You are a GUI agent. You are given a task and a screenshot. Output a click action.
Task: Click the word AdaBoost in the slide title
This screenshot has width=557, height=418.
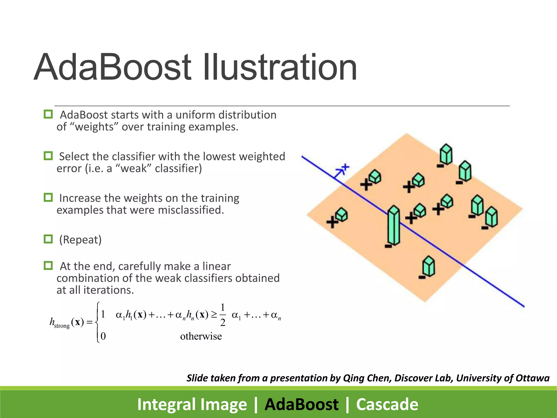pyautogui.click(x=113, y=67)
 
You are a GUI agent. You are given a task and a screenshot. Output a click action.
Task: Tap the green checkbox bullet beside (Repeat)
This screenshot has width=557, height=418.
pyautogui.click(x=48, y=239)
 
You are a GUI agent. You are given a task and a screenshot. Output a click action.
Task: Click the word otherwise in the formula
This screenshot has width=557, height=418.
pyautogui.click(x=201, y=336)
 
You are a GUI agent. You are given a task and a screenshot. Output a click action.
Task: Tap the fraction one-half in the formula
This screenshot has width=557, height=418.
pyautogui.click(x=223, y=315)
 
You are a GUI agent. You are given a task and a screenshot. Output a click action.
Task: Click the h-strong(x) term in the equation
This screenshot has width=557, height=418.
pyautogui.click(x=67, y=322)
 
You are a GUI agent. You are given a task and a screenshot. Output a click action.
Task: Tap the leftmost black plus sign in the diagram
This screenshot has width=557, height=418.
pyautogui.click(x=332, y=222)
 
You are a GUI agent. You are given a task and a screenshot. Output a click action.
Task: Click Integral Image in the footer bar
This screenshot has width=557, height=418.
pyautogui.click(x=192, y=404)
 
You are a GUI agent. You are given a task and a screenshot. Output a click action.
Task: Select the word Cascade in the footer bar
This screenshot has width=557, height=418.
pyautogui.click(x=387, y=404)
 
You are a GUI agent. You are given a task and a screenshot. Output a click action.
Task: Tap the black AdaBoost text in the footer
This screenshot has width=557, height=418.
pyautogui.click(x=301, y=404)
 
